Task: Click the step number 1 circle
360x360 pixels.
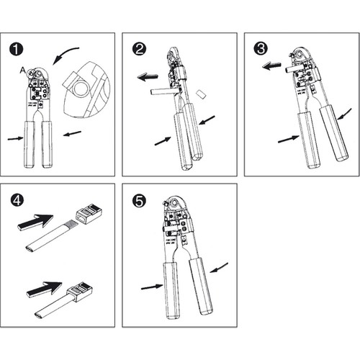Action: tap(17, 50)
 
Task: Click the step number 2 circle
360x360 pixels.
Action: tap(139, 49)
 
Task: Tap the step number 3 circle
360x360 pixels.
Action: tap(261, 49)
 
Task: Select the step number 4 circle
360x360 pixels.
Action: tap(17, 200)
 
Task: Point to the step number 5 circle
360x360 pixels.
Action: tap(139, 201)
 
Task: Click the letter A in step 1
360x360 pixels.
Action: tap(23, 71)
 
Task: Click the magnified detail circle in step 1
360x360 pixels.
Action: tap(86, 89)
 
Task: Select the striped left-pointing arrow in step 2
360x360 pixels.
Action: tap(148, 77)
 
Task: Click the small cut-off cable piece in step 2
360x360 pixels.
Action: tap(201, 94)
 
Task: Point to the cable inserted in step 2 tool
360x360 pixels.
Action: tap(165, 91)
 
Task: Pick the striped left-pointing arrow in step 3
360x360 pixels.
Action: tap(271, 66)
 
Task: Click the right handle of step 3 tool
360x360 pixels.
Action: tap(334, 133)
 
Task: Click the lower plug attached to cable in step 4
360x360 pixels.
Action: tap(80, 291)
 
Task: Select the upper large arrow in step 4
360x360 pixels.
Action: tap(35, 221)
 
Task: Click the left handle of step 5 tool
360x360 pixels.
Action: tap(171, 291)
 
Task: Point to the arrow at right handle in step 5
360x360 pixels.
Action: tap(219, 268)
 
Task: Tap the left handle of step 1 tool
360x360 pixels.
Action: tap(30, 144)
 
